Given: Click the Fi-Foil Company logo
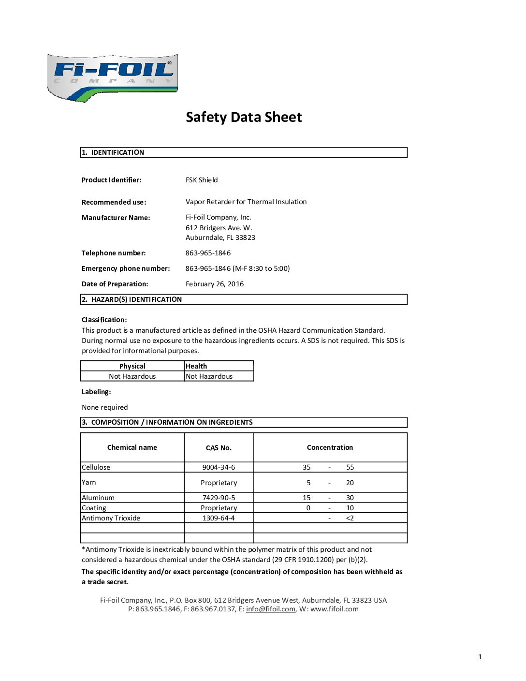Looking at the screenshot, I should tap(113, 77).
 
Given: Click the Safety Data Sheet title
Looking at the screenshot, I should tap(244, 117).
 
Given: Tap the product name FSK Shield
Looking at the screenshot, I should tap(202, 180).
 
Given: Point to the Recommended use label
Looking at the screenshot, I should tap(114, 202).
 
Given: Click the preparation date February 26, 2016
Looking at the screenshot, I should tap(215, 284).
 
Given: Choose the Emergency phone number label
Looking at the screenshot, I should tap(126, 268).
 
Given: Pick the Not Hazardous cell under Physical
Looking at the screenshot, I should tap(132, 376).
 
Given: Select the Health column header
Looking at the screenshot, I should tap(196, 366).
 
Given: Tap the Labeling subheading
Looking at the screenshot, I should tap(96, 392).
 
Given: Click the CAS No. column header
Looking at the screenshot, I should tap(219, 448).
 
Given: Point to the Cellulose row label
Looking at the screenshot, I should tap(96, 467).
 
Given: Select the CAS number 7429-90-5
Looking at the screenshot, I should tap(219, 498).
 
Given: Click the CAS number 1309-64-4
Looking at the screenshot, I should tap(219, 518).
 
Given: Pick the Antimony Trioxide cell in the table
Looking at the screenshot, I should tap(111, 518).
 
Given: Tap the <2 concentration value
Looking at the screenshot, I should tap(350, 518).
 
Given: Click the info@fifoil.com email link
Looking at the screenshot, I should tap(270, 609).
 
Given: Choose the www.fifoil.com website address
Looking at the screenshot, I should tap(335, 609).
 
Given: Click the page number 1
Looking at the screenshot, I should tap(480, 657).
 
